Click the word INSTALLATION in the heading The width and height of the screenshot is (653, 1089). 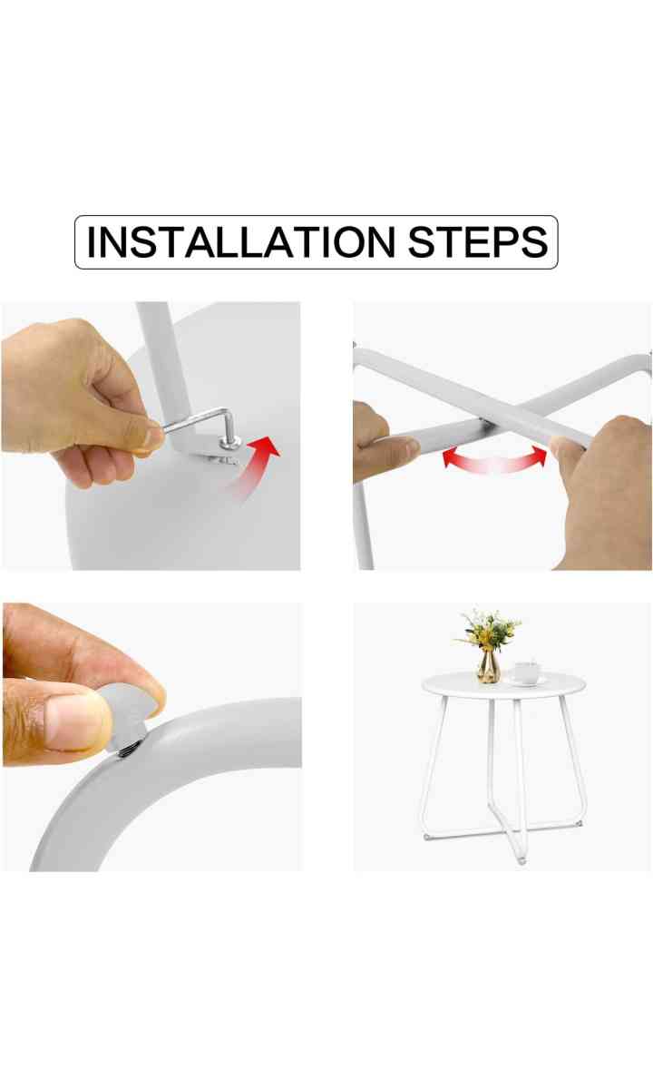240,241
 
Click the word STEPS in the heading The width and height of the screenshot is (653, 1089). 478,241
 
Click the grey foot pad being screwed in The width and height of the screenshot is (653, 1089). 125,711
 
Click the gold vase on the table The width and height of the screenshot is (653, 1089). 489,668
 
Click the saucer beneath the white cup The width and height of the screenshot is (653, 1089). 528,682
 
